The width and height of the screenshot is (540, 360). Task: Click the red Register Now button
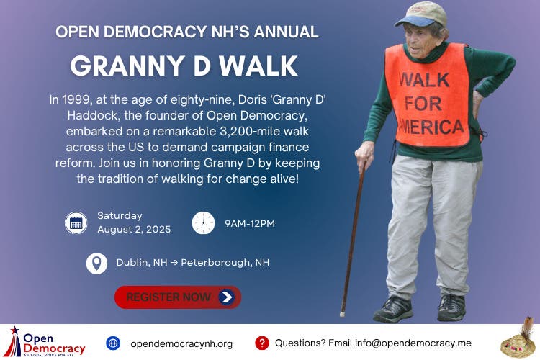tap(178, 297)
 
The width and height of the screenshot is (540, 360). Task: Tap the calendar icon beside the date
tap(76, 222)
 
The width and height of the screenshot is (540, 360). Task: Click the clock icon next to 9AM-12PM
tap(203, 222)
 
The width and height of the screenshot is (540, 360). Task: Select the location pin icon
tap(96, 263)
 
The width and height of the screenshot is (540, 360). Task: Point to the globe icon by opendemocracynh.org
tap(112, 343)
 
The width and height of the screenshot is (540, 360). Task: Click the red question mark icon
tap(262, 343)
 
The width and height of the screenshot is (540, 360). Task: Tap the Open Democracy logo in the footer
tap(45, 341)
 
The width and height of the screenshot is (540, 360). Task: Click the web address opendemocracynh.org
tap(181, 343)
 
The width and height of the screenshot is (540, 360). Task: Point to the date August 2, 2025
tap(134, 230)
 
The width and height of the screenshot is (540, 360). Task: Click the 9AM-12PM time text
tap(250, 223)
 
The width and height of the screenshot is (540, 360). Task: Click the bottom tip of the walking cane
tap(343, 313)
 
